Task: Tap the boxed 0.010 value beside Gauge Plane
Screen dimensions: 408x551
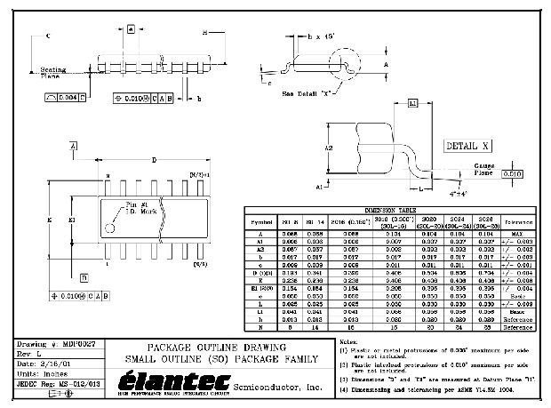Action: (x=513, y=174)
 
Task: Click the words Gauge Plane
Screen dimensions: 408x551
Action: (x=484, y=170)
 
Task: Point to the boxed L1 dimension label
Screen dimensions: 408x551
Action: (x=413, y=104)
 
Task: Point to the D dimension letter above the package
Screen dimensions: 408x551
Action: (x=155, y=160)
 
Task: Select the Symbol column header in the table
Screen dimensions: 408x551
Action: (x=262, y=221)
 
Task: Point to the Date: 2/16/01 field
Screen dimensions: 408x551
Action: (x=44, y=364)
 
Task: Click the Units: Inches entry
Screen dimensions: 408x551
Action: (x=42, y=373)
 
